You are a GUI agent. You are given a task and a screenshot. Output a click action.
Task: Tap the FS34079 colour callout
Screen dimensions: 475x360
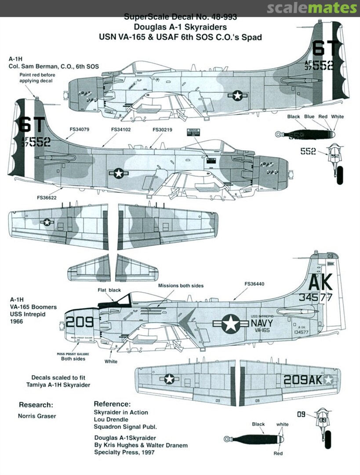pos(80,130)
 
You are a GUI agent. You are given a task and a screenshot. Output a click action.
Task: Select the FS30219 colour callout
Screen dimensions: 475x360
pos(162,130)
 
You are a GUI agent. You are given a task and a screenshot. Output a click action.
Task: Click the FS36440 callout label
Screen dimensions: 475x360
pos(255,284)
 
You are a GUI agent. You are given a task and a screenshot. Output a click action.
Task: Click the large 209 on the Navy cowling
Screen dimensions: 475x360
pos(80,322)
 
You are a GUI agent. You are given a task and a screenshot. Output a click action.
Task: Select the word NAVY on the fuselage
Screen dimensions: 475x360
pos(262,323)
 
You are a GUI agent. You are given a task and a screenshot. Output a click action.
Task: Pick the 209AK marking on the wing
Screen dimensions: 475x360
pos(303,380)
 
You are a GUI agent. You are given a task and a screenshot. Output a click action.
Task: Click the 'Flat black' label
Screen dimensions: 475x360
pos(109,290)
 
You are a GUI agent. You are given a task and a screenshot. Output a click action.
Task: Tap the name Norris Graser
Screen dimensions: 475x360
pos(37,416)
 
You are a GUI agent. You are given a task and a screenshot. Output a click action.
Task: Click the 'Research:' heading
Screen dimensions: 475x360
pos(36,405)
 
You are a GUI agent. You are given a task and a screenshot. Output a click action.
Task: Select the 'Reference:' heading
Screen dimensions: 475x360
pos(112,404)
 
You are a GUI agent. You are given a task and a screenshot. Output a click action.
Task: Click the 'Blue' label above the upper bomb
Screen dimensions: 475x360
pos(309,117)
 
